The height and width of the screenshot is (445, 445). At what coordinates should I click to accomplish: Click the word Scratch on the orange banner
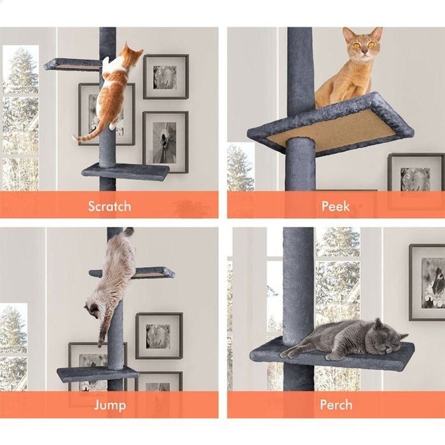(x=109, y=206)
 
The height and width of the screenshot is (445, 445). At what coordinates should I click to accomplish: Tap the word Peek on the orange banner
(x=335, y=206)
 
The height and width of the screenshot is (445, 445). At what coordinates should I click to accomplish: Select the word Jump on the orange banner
(x=109, y=405)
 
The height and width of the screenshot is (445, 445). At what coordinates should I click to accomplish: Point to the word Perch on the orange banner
(x=335, y=405)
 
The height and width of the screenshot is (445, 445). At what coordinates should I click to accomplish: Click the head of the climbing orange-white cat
(x=132, y=54)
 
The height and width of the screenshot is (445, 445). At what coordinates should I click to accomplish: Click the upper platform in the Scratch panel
(x=71, y=64)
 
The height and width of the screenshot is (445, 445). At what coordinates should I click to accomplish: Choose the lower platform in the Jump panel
(x=95, y=373)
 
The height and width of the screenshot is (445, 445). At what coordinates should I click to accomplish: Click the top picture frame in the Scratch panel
(x=165, y=77)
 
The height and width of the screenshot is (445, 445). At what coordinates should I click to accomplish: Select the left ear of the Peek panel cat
(x=348, y=33)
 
